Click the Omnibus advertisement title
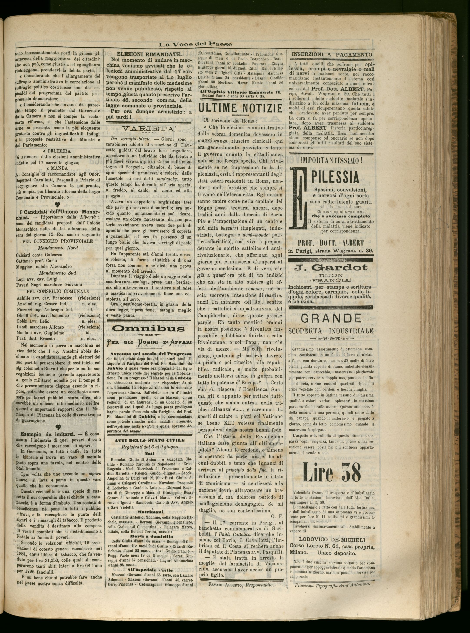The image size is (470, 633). pos(148,329)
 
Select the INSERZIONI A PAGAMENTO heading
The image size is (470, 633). pos(332,54)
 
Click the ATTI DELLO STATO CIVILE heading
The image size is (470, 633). pos(149,440)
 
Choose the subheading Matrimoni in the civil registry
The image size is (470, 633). pos(149,512)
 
